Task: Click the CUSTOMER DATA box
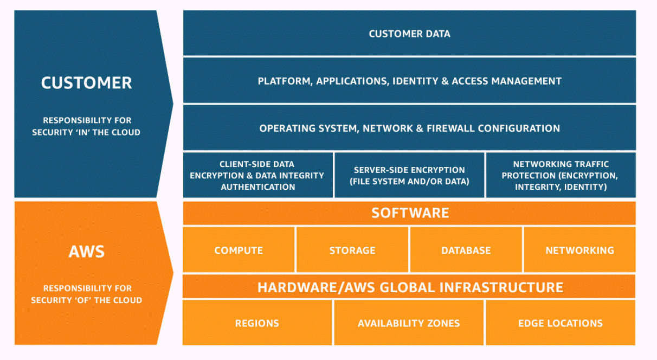pos(409,34)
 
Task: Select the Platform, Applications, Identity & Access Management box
pos(409,81)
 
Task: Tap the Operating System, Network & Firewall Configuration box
pos(409,128)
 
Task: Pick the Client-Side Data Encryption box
pos(258,175)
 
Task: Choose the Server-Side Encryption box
pos(409,175)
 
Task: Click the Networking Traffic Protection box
pos(560,175)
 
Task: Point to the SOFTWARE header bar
pos(409,213)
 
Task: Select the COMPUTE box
pos(239,250)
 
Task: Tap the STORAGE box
pos(352,250)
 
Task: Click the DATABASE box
pos(466,250)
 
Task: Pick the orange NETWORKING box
pos(579,250)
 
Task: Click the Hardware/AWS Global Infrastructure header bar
pos(409,287)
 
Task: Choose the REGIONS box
pos(257,323)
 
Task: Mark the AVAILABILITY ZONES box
pos(409,323)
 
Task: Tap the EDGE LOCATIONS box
pos(560,323)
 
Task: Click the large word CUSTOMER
pos(86,83)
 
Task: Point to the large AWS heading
pos(86,251)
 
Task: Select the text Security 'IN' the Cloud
pos(86,132)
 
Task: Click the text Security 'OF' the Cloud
pos(86,300)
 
